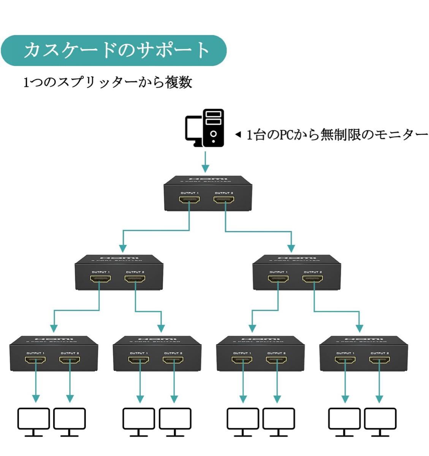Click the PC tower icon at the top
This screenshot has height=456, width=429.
213,128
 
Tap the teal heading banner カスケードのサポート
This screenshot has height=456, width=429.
114,51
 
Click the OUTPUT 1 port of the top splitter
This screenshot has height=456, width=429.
190,199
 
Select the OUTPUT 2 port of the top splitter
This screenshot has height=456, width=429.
224,199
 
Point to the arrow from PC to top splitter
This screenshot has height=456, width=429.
205,162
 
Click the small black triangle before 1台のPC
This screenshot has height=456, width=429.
238,135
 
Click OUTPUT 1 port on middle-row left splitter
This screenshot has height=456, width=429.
101,279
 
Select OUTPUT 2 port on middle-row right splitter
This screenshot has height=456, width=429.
313,279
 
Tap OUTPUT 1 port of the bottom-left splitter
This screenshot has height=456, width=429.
36,359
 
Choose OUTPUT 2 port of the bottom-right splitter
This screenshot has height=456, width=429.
380,359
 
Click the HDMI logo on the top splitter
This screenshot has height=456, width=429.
208,179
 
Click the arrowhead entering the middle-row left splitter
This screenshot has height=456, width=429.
123,248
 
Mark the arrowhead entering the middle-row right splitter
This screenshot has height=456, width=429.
291,248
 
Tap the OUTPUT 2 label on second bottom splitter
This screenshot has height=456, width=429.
173,353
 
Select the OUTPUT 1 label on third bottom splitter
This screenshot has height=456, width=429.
242,353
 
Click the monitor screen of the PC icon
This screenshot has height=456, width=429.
193,128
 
